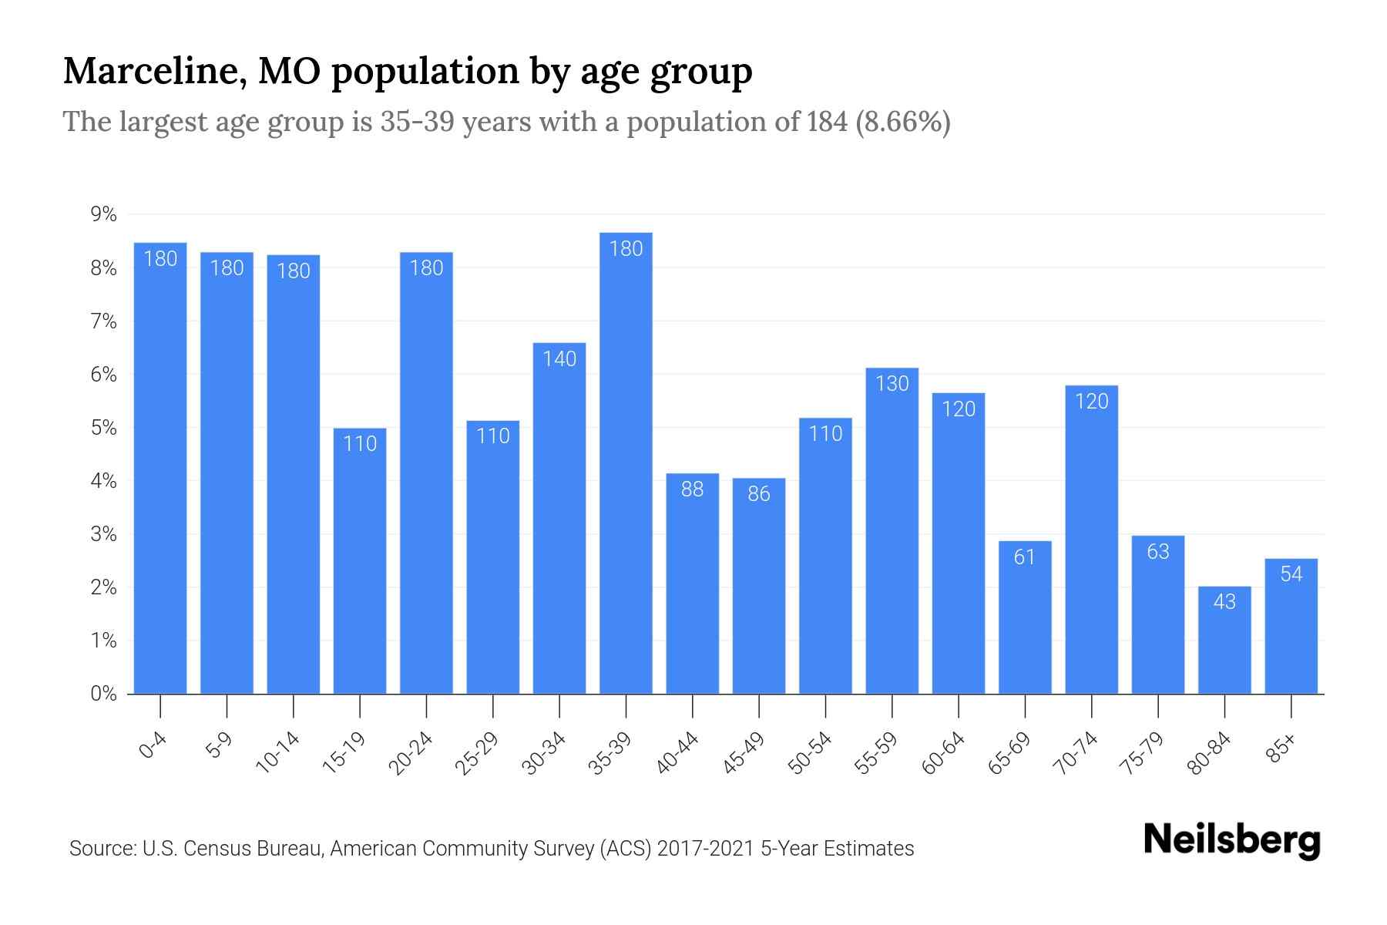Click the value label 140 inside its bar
pos(559,359)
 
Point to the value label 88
pos(692,489)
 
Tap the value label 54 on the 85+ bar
pos(1291,574)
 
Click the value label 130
pos(892,383)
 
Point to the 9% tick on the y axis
pos(103,214)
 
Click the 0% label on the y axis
pos(103,694)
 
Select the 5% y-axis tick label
pos(103,428)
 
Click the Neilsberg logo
pos(1231,840)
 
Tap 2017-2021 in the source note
pos(706,849)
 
